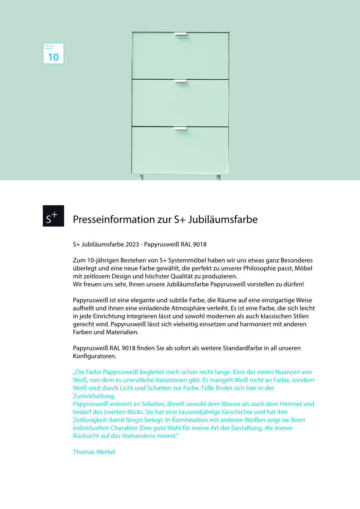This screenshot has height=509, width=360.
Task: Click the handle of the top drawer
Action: [x=180, y=34]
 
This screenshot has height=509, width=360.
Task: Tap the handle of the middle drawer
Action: [x=180, y=81]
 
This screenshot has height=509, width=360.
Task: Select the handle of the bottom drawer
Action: [x=180, y=128]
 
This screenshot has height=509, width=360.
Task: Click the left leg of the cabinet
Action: [x=141, y=177]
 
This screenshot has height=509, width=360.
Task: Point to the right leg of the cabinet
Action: [x=219, y=177]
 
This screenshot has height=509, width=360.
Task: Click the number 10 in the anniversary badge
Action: [x=53, y=57]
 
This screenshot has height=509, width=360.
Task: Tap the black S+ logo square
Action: [x=53, y=216]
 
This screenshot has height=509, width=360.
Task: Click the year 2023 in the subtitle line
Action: [x=132, y=244]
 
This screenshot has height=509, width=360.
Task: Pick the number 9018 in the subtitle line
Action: [x=199, y=244]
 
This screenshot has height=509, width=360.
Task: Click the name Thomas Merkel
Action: [x=94, y=452]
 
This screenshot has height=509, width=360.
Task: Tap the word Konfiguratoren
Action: [x=94, y=356]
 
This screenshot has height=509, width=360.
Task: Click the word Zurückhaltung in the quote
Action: [x=94, y=396]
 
